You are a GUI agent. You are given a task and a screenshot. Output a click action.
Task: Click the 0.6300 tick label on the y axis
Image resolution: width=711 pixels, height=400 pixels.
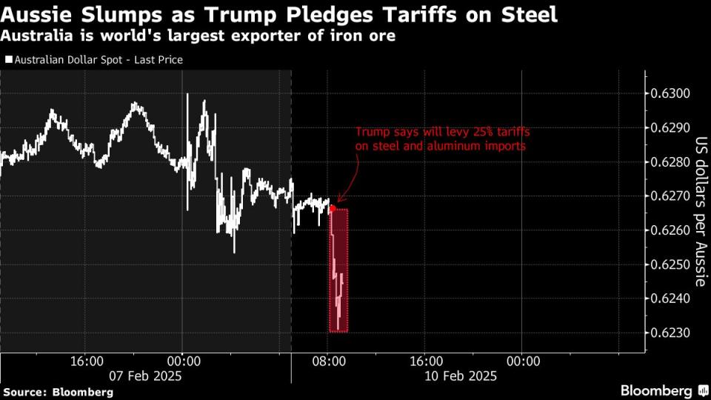(x=670, y=93)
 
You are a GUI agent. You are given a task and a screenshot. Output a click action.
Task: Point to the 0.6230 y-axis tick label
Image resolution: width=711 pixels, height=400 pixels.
(x=670, y=333)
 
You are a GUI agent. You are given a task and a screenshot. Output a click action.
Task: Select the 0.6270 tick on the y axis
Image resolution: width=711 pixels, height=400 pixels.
(x=670, y=196)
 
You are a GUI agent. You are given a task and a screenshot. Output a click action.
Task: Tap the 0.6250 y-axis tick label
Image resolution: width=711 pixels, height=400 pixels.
(x=670, y=264)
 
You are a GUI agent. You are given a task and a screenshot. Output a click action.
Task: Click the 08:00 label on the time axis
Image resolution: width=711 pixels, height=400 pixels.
(x=330, y=361)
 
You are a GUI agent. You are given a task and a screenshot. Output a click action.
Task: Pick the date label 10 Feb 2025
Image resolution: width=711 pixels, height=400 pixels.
(x=461, y=376)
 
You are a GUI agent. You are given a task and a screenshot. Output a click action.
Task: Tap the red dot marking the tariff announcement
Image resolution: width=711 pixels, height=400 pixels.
(x=332, y=208)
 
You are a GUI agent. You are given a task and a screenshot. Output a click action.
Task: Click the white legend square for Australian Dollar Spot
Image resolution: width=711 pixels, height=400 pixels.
(x=7, y=60)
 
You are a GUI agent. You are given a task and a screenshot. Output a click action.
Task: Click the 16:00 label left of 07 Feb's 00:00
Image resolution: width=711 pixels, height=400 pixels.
(x=86, y=361)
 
